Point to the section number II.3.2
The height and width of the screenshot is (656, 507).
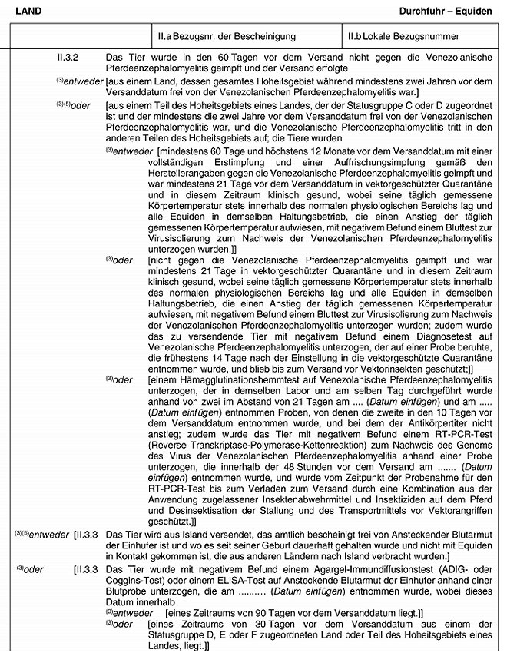(70, 58)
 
